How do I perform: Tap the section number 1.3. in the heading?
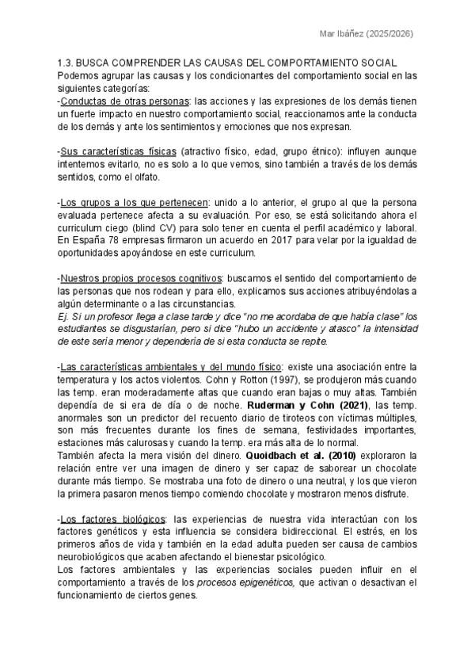tap(66, 63)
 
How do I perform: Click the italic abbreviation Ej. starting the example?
tap(63, 316)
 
